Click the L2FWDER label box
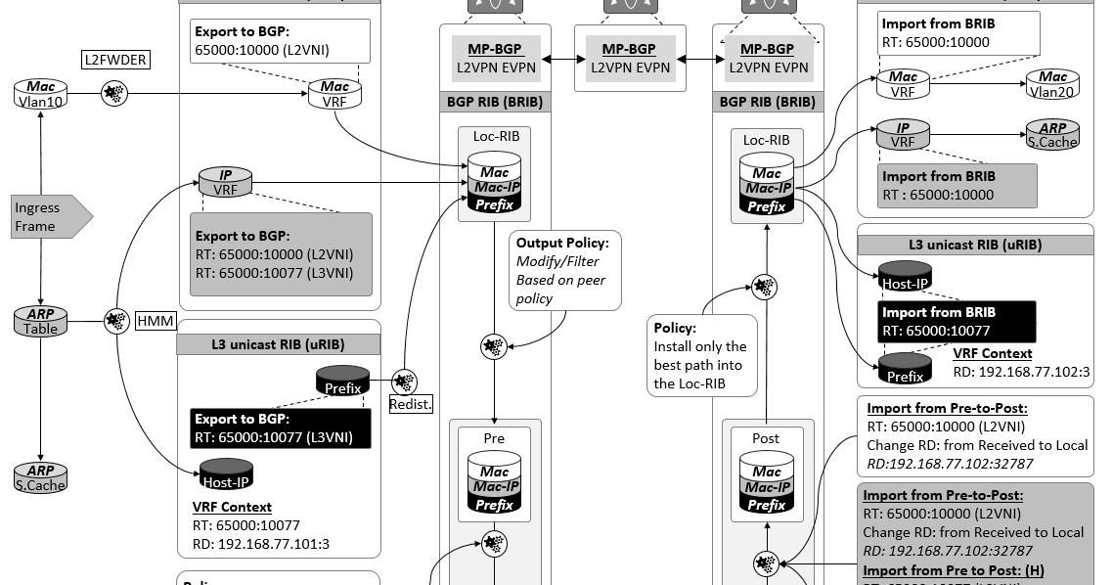click(115, 60)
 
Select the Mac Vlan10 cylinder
click(40, 94)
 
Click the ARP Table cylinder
click(40, 320)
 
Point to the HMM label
click(156, 320)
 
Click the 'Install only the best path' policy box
click(701, 355)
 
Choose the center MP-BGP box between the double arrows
click(628, 58)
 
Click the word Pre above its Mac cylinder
click(494, 438)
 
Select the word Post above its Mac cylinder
click(766, 438)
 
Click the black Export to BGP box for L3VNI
click(281, 428)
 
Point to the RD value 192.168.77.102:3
click(1033, 372)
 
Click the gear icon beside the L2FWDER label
click(114, 94)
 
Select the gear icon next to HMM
click(116, 320)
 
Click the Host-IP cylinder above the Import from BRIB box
click(905, 277)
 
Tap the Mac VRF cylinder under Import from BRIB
click(903, 83)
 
